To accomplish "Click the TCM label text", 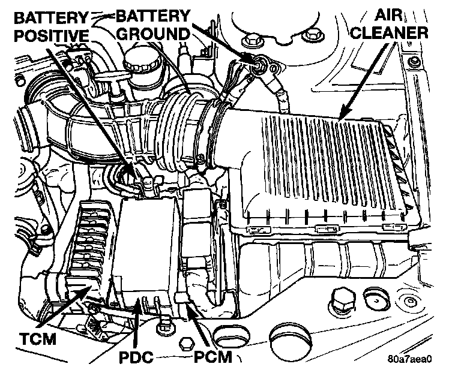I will tap(36, 339).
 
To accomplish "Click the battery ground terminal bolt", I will tap(260, 65).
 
